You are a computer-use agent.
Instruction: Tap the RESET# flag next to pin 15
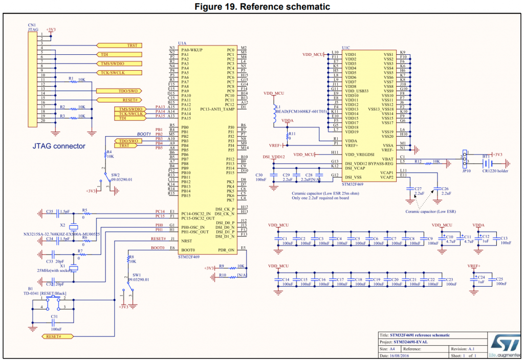(x=130, y=100)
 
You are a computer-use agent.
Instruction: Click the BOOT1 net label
(x=144, y=134)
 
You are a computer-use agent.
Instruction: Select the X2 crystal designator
(x=63, y=225)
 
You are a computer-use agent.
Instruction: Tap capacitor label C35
(x=50, y=211)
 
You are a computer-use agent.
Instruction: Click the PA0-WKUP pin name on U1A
(x=192, y=50)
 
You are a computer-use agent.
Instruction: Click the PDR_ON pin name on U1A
(x=226, y=249)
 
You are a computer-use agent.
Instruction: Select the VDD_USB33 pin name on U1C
(x=357, y=90)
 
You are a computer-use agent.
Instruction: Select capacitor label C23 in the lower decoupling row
(x=450, y=279)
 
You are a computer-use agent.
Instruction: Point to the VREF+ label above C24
(x=474, y=266)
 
